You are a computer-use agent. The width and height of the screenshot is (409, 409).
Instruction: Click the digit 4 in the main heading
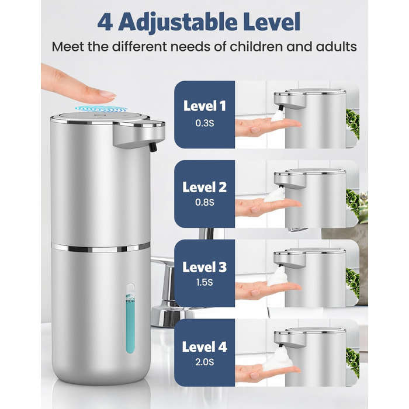[105, 23]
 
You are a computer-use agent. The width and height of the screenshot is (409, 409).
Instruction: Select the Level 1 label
[204, 106]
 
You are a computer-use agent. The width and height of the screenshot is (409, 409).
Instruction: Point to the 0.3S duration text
[204, 123]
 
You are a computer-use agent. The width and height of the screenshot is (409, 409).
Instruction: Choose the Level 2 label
[204, 187]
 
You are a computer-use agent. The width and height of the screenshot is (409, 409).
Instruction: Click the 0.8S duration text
[204, 202]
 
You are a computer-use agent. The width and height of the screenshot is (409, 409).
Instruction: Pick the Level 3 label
[204, 267]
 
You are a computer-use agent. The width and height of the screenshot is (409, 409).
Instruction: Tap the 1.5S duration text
[204, 282]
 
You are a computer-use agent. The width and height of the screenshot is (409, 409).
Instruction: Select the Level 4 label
[204, 346]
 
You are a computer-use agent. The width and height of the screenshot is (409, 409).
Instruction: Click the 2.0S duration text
[204, 362]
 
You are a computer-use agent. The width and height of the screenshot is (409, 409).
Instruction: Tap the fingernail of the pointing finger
[108, 94]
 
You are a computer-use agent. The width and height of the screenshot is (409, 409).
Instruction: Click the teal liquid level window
[130, 319]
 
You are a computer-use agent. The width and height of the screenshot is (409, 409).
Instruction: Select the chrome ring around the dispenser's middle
[100, 247]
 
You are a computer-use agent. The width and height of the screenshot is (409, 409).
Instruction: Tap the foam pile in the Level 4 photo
[278, 360]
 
